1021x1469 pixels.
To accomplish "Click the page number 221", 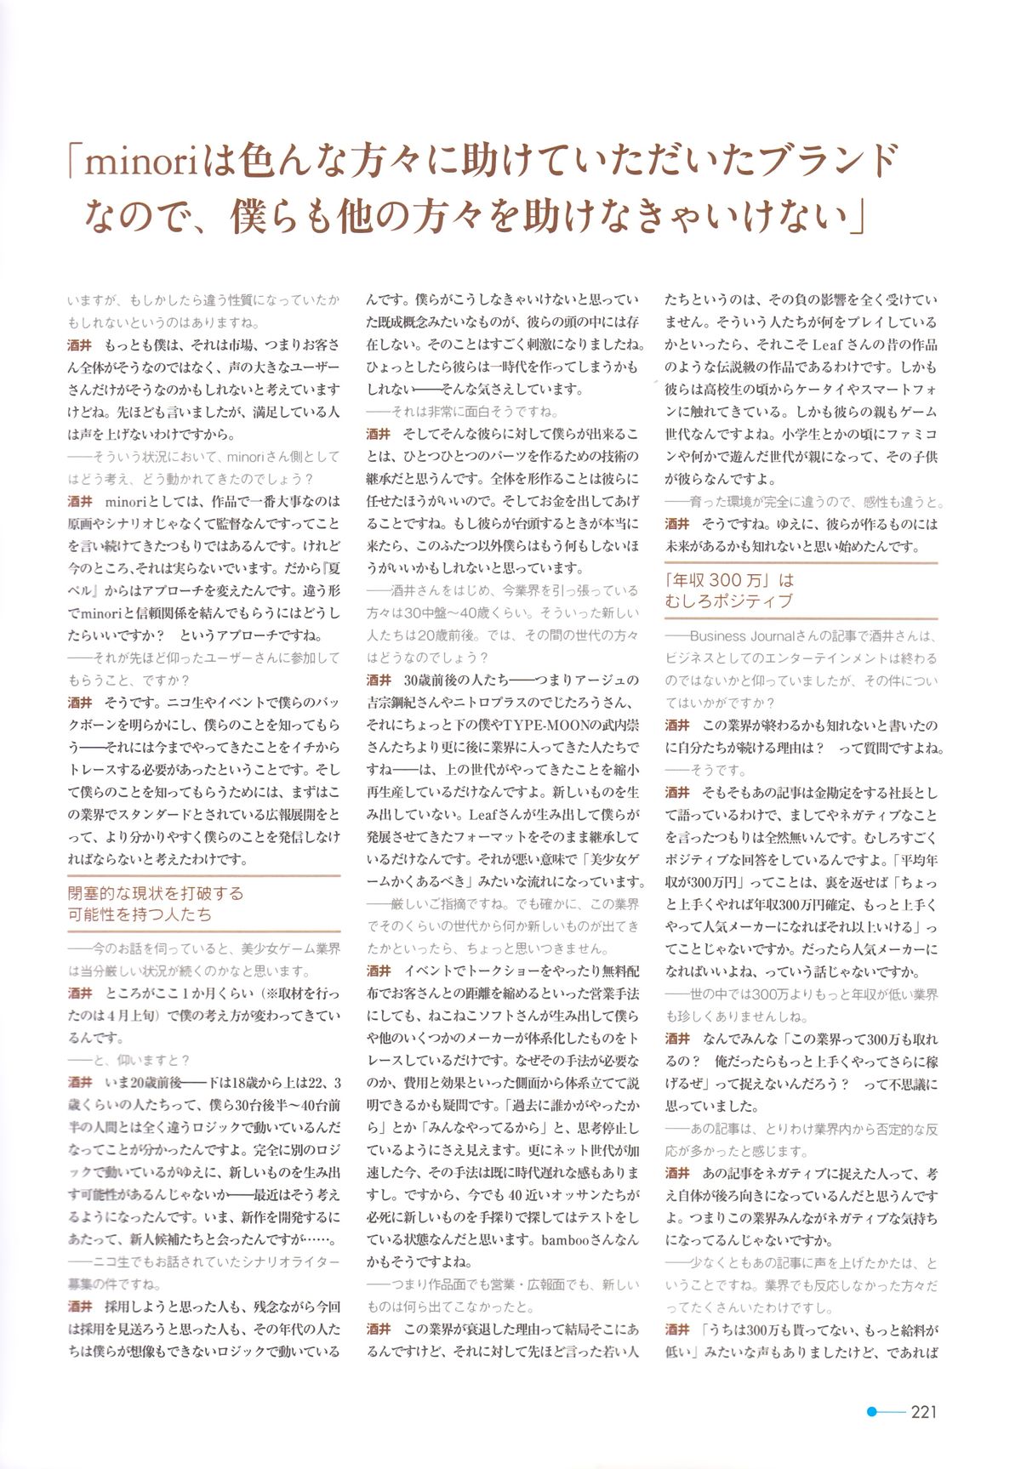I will pyautogui.click(x=923, y=1411).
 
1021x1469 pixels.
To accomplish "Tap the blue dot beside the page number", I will pyautogui.click(x=871, y=1411).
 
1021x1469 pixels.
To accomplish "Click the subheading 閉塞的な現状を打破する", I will pyautogui.click(x=155, y=893).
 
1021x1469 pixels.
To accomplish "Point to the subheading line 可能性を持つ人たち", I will pyautogui.click(x=140, y=914).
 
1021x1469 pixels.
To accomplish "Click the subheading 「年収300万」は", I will pyautogui.click(x=729, y=580).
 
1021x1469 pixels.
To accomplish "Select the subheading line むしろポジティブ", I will pyautogui.click(x=729, y=601).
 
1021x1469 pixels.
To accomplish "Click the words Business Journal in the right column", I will pyautogui.click(x=741, y=636).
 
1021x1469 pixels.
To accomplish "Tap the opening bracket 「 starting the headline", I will pyautogui.click(x=76, y=161).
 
